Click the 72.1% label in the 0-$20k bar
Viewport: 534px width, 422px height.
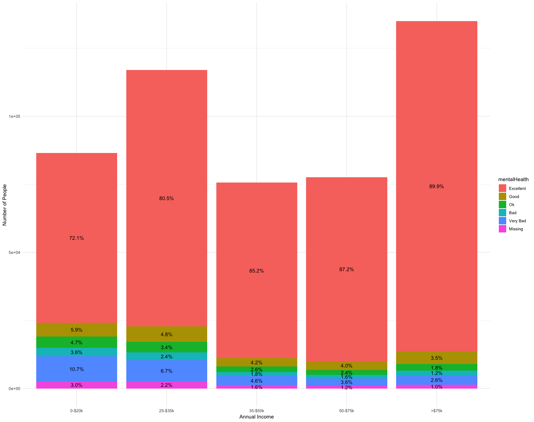pos(76,238)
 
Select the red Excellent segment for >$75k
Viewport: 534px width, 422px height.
pos(436,105)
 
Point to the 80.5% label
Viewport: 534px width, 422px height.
pos(166,198)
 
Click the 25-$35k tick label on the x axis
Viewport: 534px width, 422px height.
pos(166,410)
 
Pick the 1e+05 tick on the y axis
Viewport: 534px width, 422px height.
pos(14,116)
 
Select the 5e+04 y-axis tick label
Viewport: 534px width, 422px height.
pos(14,252)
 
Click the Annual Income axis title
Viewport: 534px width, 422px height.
pos(256,417)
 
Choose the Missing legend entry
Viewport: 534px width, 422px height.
pos(516,229)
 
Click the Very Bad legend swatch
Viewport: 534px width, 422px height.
pos(502,221)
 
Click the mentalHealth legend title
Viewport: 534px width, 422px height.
pos(516,180)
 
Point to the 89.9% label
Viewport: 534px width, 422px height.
pos(436,186)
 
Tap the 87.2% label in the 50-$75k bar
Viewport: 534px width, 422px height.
pos(347,270)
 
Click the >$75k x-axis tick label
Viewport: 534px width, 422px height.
pos(436,410)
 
